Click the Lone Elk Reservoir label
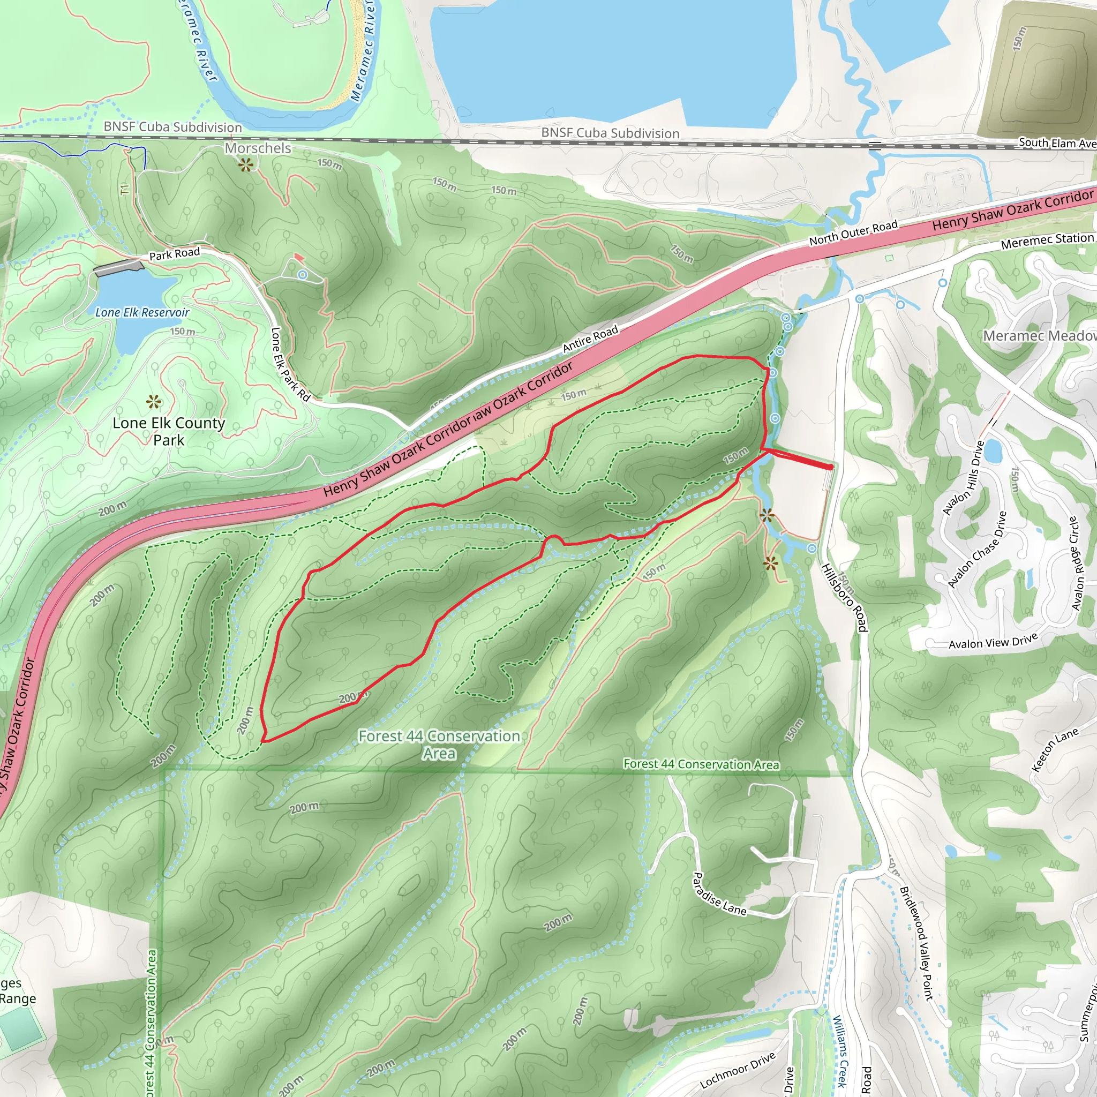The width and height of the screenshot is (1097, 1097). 142,312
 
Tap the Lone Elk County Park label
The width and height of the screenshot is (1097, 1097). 169,432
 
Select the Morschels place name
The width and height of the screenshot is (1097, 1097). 258,148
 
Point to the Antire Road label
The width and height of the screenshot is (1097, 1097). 590,339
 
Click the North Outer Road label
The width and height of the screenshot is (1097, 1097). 853,233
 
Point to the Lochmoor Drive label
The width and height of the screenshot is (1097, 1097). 738,1070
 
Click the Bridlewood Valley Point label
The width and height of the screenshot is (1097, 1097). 916,943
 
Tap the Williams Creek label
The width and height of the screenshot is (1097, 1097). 840,1050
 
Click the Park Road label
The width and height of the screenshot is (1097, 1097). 174,253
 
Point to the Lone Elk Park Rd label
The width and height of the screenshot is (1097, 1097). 290,364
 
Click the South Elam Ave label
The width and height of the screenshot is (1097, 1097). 1057,143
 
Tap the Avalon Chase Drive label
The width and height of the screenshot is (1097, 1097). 977,550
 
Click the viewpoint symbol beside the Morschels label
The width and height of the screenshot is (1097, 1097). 246,165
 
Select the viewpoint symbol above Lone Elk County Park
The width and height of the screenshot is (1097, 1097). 154,402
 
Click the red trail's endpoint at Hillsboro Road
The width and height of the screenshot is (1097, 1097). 831,467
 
